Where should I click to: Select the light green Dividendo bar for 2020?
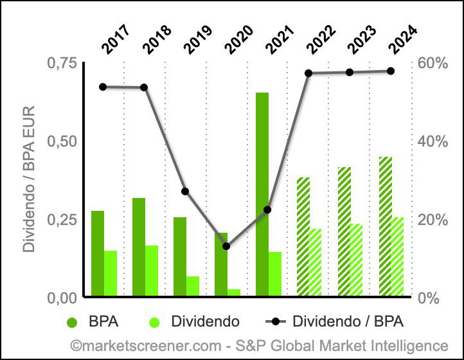pyautogui.click(x=234, y=292)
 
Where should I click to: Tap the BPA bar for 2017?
pyautogui.click(x=98, y=253)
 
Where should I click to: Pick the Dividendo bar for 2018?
pyautogui.click(x=152, y=271)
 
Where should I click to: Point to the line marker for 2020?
pyautogui.click(x=226, y=246)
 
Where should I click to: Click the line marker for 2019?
pyautogui.click(x=185, y=192)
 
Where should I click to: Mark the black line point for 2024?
pyautogui.click(x=391, y=71)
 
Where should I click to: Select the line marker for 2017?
pyautogui.click(x=103, y=87)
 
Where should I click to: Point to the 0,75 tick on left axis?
pyautogui.click(x=62, y=62)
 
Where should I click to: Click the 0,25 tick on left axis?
pyautogui.click(x=62, y=219)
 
